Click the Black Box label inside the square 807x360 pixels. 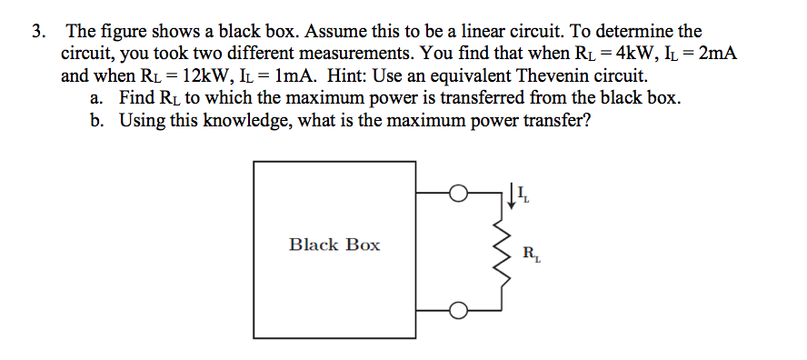point(334,245)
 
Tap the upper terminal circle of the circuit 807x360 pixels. point(459,193)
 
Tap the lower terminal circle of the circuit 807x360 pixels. point(459,311)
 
